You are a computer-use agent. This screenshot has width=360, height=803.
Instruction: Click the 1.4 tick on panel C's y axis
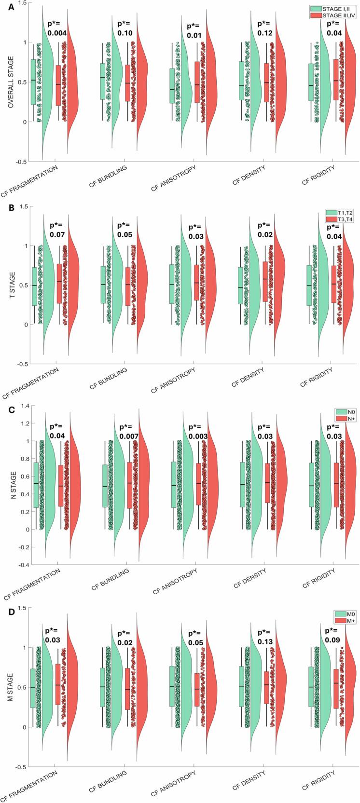[x=23, y=406]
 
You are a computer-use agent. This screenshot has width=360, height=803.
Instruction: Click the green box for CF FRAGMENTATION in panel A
[x=35, y=82]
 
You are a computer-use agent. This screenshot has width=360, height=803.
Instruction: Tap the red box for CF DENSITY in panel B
[x=265, y=282]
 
